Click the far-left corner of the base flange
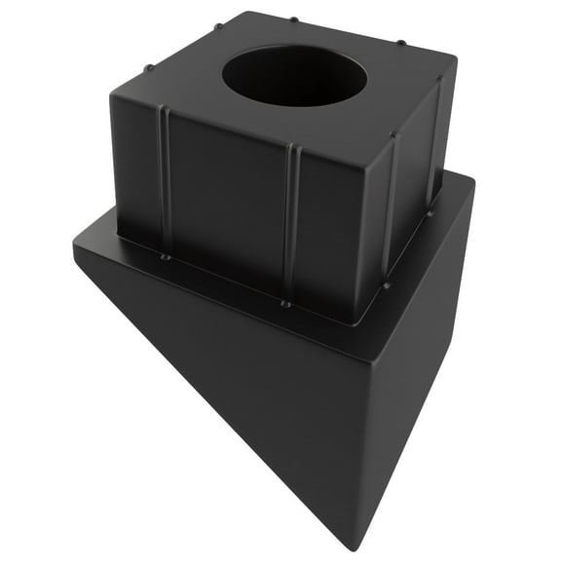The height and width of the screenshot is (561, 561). point(76,246)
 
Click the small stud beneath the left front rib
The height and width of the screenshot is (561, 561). point(165,257)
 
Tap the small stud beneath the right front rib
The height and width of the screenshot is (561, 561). point(285,303)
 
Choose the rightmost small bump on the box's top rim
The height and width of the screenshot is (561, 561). point(401,42)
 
